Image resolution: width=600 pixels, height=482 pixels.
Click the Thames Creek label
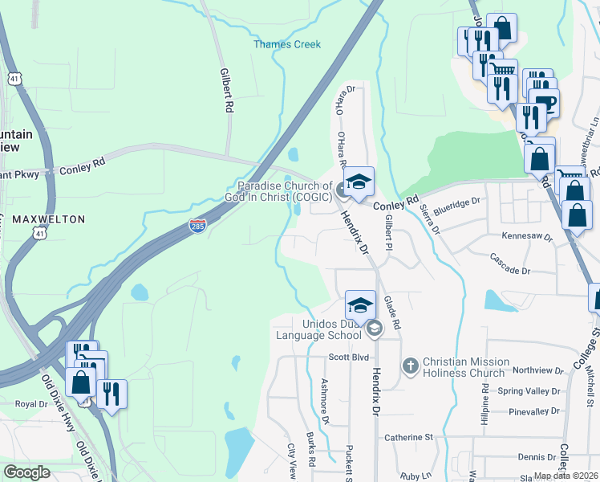tap(287, 44)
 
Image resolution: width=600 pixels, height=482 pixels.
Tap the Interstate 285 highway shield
tap(198, 227)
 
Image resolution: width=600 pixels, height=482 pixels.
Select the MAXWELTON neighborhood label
tap(48, 219)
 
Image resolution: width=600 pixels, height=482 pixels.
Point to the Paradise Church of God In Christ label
tap(284, 191)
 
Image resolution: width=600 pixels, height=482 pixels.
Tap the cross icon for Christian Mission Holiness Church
tap(410, 366)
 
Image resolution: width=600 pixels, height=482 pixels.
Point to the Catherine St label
tap(407, 438)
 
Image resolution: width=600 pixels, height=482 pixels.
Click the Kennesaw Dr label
tap(527, 238)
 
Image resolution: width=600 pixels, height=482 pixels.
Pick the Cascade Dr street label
tap(510, 264)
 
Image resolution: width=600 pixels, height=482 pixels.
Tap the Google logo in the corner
tap(26, 472)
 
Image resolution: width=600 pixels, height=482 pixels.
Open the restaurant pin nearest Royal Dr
tap(110, 394)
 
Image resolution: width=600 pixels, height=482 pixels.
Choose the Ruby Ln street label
tap(415, 476)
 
